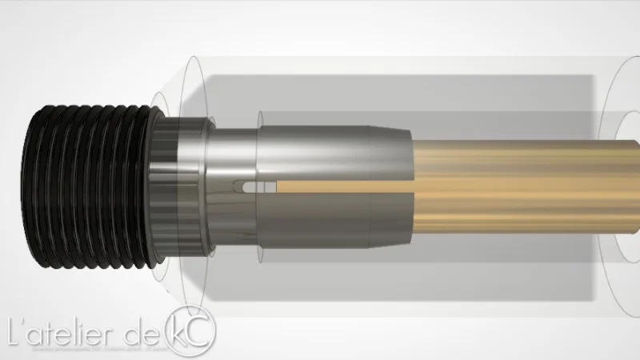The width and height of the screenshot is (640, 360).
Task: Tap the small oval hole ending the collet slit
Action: point(249,188)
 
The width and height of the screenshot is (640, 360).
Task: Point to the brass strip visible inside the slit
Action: point(320,190)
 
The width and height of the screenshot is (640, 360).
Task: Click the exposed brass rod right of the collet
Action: point(512,184)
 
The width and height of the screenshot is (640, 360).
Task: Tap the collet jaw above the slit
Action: point(320,156)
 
